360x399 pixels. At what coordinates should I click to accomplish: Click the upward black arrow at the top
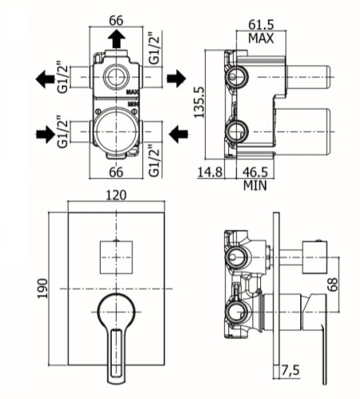pos(117,39)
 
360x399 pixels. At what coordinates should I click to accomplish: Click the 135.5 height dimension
pos(200,102)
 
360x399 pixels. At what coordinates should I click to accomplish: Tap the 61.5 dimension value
pos(261,25)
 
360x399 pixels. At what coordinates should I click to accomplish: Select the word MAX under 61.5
pos(261,38)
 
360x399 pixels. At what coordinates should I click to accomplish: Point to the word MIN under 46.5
pos(255,185)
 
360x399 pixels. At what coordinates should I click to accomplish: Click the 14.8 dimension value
pos(210,172)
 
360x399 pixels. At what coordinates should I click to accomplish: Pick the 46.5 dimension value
pos(255,172)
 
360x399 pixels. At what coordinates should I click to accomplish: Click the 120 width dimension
pos(117,195)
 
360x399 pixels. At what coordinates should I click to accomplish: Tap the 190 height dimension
pos(42,289)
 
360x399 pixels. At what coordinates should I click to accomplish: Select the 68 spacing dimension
pos(332,284)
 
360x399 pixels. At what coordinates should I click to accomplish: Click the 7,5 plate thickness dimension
pos(291,370)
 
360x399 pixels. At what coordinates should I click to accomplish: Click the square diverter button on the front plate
pos(117,257)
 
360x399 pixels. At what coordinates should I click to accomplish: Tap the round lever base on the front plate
pos(117,311)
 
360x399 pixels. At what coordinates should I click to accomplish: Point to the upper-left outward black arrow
pos(45,79)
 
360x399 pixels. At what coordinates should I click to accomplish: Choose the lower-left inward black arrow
pos(45,134)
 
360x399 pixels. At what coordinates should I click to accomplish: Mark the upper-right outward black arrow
pos(176,78)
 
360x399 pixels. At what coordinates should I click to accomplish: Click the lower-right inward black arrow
pos(179,134)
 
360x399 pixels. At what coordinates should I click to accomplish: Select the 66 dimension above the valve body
pos(117,21)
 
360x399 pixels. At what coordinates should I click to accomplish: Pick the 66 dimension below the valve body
pos(117,172)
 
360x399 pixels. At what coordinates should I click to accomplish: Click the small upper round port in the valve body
pos(117,77)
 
